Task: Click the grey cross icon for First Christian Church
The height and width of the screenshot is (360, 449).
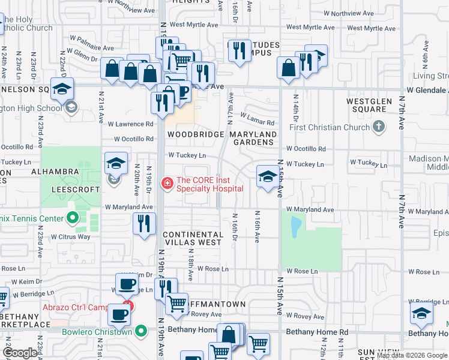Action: pos(378,127)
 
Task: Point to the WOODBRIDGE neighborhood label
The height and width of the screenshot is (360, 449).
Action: pos(194,134)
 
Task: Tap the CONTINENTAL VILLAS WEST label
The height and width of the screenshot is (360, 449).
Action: pos(192,238)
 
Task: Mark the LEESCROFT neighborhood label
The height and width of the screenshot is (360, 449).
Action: pos(74,188)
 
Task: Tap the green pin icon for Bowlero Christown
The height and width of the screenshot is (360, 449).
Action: pos(141,331)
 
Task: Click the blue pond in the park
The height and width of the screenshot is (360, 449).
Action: pos(295,226)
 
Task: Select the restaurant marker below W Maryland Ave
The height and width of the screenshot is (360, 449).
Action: pos(143,224)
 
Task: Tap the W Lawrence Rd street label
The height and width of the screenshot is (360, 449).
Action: pos(130,124)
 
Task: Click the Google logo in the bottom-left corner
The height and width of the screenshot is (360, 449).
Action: pos(20,353)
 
